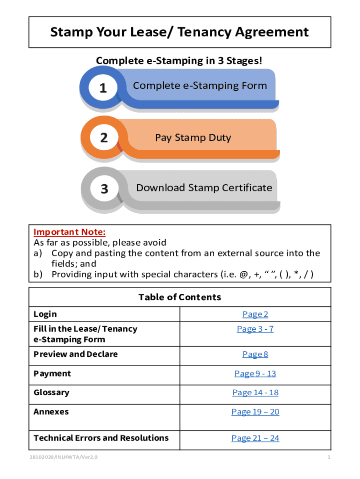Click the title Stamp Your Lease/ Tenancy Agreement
pyautogui.click(x=180, y=32)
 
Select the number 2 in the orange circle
pyautogui.click(x=104, y=138)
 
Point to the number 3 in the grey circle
pyautogui.click(x=104, y=189)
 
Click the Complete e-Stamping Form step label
pyautogui.click(x=200, y=86)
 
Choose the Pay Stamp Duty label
pyautogui.click(x=193, y=138)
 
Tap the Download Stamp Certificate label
pyautogui.click(x=204, y=188)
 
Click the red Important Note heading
pyautogui.click(x=70, y=232)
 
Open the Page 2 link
pyautogui.click(x=255, y=314)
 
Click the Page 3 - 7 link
pyautogui.click(x=255, y=329)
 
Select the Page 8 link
pyautogui.click(x=255, y=354)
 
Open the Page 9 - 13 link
pyautogui.click(x=255, y=373)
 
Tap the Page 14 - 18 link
pyautogui.click(x=255, y=392)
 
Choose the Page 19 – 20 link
pyautogui.click(x=255, y=412)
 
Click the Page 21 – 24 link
pyautogui.click(x=255, y=438)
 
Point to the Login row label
pyautogui.click(x=45, y=314)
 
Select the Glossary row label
pyautogui.click(x=51, y=392)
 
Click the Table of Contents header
pyautogui.click(x=180, y=298)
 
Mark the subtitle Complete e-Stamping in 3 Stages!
pyautogui.click(x=179, y=61)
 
